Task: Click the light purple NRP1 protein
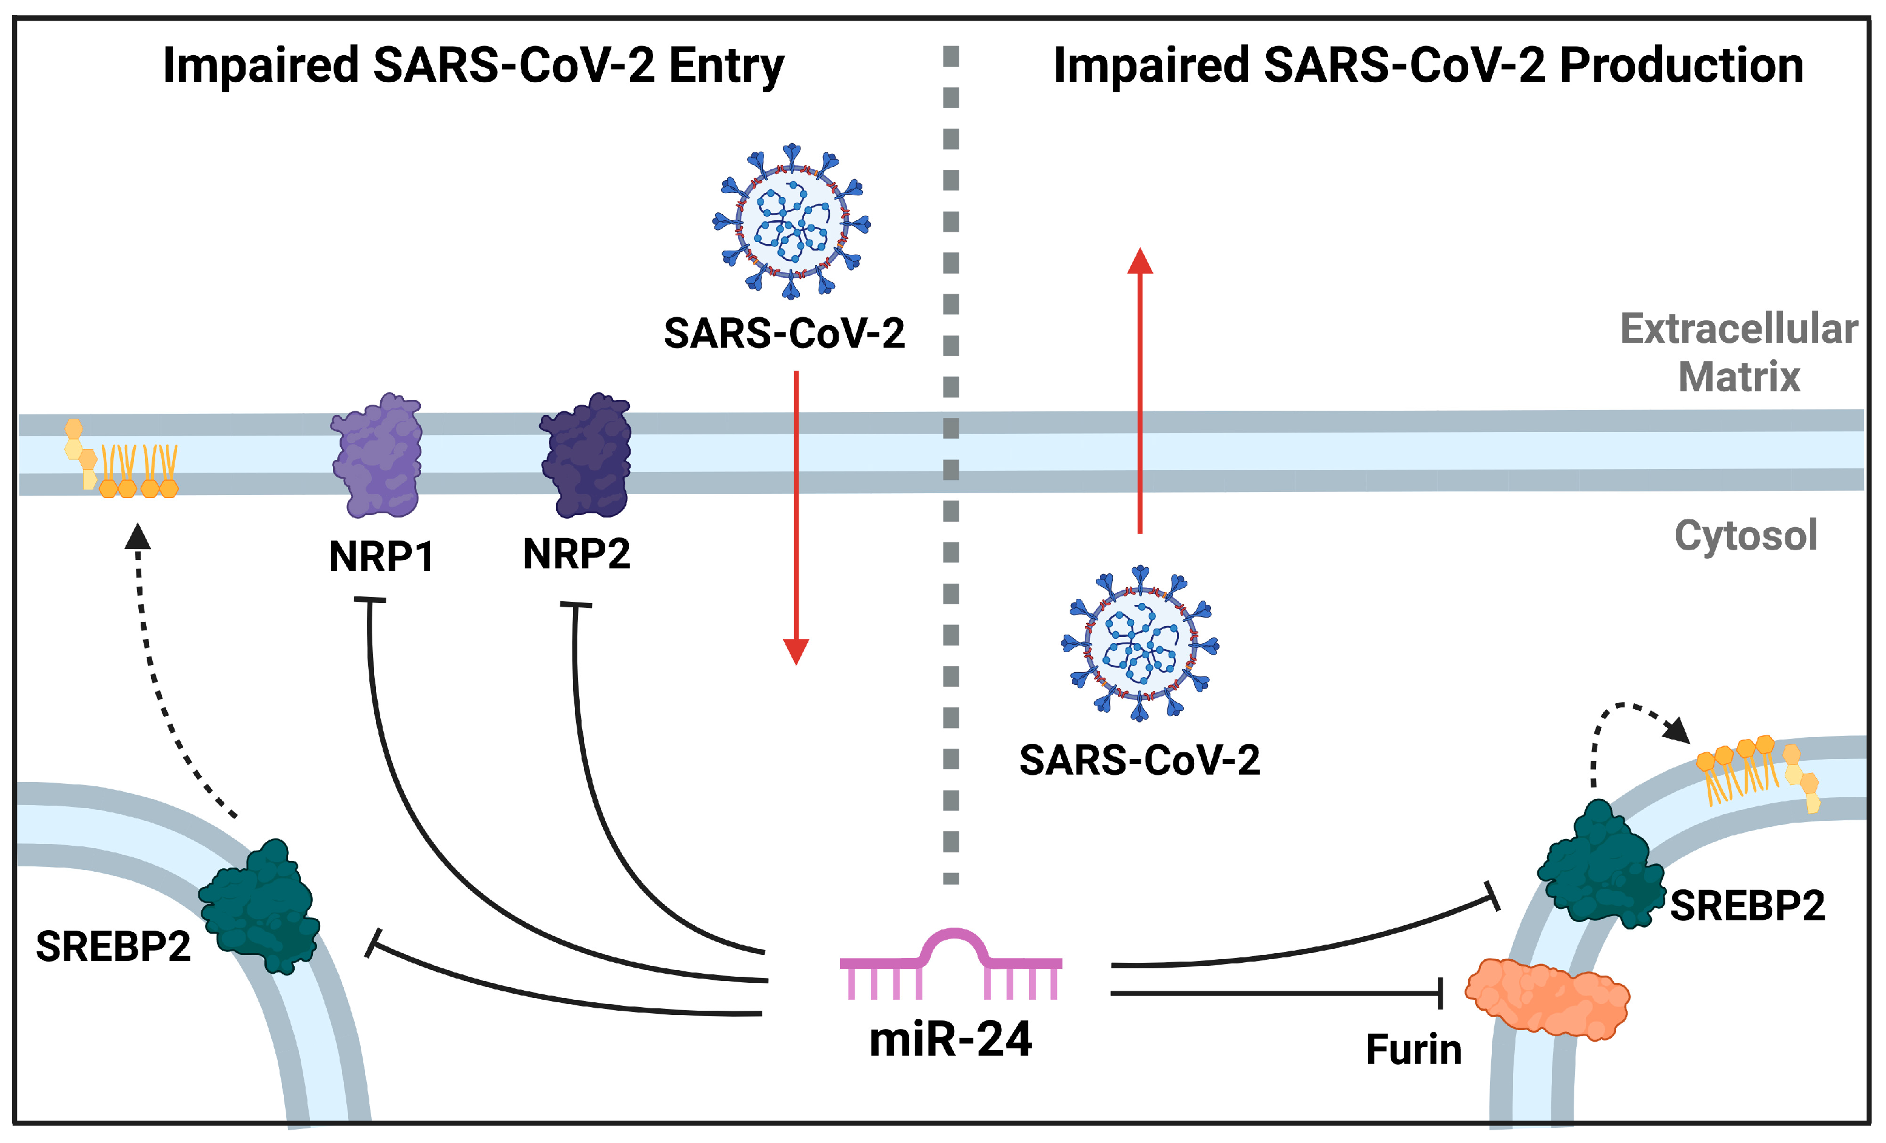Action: (377, 456)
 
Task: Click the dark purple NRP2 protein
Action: (586, 456)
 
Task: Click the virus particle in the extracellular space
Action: (791, 221)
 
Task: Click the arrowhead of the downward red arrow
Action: (796, 652)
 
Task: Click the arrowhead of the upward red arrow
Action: (1139, 262)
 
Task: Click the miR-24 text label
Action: (951, 1040)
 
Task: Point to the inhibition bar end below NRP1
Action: (370, 600)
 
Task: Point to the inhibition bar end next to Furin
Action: (1440, 993)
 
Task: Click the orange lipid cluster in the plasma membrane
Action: (122, 463)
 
